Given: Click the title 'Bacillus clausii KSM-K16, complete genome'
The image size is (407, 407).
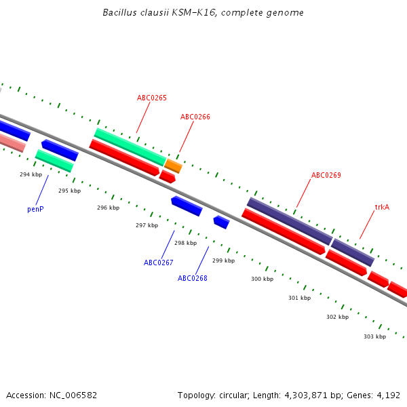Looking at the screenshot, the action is (203, 13).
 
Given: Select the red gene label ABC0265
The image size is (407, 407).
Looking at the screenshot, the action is (152, 98).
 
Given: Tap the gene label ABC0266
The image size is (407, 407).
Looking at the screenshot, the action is (195, 117).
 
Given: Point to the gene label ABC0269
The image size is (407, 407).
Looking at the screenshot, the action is (326, 175).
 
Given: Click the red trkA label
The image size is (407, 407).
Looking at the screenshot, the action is (382, 207).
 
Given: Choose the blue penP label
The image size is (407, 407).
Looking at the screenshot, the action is (35, 209).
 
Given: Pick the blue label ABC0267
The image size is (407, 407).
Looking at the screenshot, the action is (159, 263).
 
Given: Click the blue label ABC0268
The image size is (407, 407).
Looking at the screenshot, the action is (193, 278).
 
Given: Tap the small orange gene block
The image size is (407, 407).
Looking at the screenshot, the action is (174, 166).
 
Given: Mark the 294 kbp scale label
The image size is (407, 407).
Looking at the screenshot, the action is (31, 174).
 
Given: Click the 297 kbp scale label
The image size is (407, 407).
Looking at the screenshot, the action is (147, 225).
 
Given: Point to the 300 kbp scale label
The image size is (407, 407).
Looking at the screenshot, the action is (262, 279).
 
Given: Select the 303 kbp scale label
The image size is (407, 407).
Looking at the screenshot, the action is (374, 336).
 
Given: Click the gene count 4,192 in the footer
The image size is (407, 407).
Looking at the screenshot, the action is (389, 395).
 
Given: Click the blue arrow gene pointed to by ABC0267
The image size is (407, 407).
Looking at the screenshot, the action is (187, 206).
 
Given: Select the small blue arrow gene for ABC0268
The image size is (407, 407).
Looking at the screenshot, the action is (221, 222).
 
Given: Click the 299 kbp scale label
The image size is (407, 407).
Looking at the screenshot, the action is (223, 260).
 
